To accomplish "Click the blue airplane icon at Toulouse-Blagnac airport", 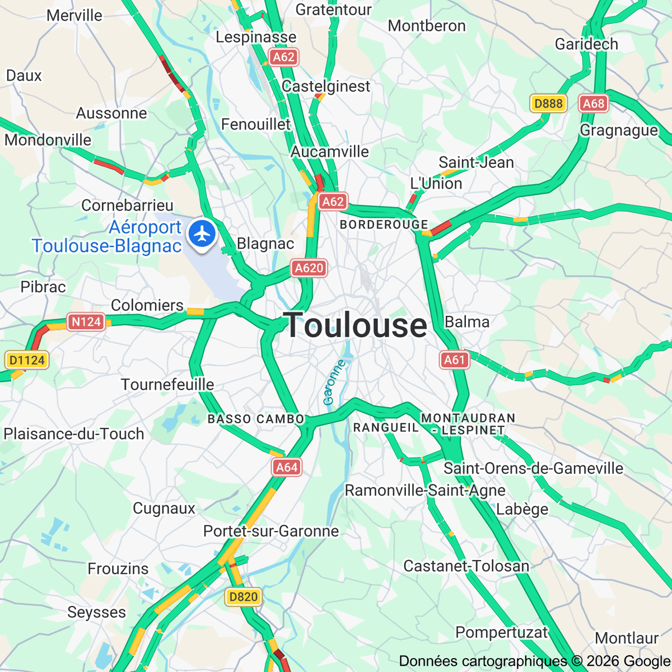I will click(x=202, y=234).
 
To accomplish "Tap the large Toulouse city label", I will click(x=356, y=325).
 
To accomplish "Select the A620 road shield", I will click(x=309, y=268).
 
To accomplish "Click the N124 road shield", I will click(x=86, y=322).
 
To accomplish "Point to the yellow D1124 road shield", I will click(x=27, y=360).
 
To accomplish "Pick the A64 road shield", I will click(x=287, y=467).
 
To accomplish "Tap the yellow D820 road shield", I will click(x=244, y=597).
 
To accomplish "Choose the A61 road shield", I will click(x=454, y=360).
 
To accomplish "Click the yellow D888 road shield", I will click(x=548, y=103).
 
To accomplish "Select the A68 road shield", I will click(x=594, y=103).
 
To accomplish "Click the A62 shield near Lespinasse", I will click(x=283, y=57).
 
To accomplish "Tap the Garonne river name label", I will click(x=334, y=382).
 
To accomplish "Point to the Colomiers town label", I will click(x=147, y=305).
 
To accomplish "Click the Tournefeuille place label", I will click(x=167, y=385).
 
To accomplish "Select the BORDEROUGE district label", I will click(x=384, y=225).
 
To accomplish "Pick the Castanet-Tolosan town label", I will click(x=466, y=566).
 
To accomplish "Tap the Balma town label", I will click(x=467, y=322).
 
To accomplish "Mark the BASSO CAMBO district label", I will click(x=256, y=419).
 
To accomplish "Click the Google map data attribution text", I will click(x=534, y=661).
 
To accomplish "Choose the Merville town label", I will click(x=74, y=15).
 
